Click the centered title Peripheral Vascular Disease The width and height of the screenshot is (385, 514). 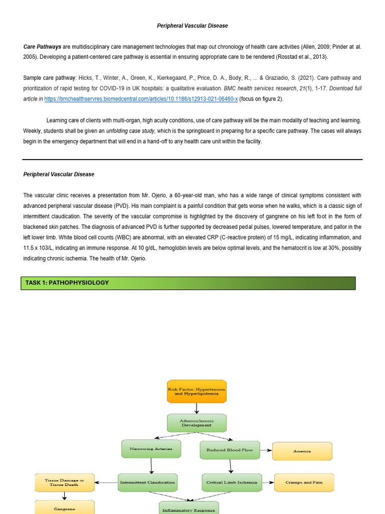tap(192, 26)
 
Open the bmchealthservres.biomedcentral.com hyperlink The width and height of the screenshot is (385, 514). tap(141, 99)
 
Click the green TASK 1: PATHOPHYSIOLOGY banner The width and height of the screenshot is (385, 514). tap(188, 283)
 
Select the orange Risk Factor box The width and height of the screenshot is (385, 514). tap(197, 392)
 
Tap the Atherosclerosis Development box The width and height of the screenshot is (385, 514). tap(197, 423)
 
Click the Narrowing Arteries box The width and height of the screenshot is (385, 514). tap(148, 449)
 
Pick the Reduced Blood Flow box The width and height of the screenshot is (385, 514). tap(230, 450)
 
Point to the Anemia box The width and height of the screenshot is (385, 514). tap(302, 451)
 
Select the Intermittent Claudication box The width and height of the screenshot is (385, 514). tap(147, 482)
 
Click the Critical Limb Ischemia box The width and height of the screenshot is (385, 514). tap(232, 482)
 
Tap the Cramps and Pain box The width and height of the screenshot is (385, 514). tap(304, 482)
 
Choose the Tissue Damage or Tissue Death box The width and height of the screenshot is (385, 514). tap(64, 482)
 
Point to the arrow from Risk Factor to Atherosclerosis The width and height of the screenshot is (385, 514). tap(197, 408)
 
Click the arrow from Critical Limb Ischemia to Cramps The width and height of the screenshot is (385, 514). tap(268, 482)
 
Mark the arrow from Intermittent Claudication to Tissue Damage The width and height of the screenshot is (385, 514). tap(106, 482)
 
